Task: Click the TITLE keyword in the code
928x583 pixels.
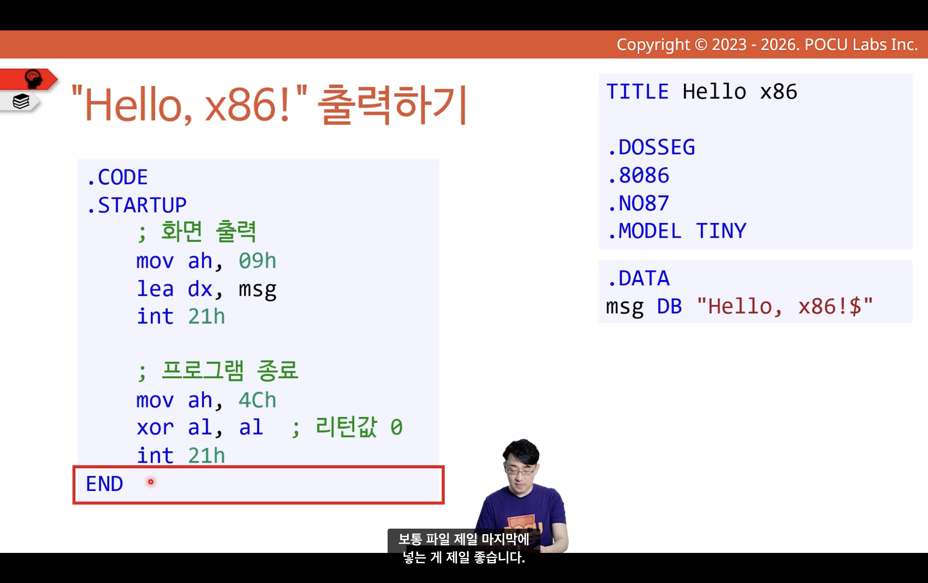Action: pos(638,92)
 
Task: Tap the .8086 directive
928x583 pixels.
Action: pos(639,175)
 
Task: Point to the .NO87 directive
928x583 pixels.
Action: pos(639,203)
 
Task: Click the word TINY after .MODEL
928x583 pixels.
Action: pos(721,231)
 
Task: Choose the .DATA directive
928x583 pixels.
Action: pos(639,278)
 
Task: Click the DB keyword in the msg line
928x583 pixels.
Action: pos(670,307)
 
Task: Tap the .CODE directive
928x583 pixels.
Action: pos(118,177)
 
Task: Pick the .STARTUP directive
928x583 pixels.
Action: pos(137,205)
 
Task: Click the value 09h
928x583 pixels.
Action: pos(257,261)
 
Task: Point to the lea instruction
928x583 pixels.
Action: pos(155,289)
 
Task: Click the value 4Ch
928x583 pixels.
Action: pos(257,400)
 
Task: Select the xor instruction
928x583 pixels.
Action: pos(155,428)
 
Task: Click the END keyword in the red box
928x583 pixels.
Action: pos(104,484)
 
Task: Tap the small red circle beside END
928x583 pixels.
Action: pos(151,482)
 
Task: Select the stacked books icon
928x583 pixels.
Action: pos(21,101)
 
